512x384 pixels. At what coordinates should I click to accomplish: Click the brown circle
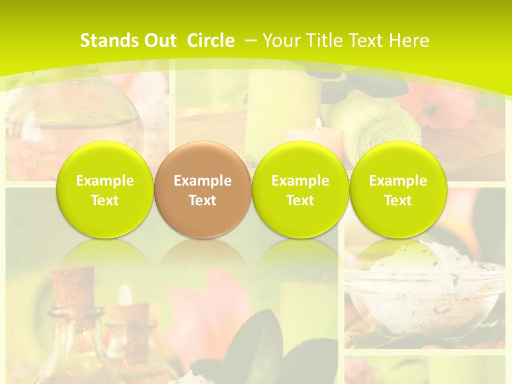tap(203, 190)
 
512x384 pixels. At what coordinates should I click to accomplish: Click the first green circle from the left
tap(105, 190)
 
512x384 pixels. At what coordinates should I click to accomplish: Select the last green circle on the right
tap(398, 190)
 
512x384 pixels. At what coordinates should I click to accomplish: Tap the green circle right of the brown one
tap(300, 190)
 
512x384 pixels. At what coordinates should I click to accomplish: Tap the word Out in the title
tap(158, 41)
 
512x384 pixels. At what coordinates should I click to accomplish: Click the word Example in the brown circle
tap(203, 181)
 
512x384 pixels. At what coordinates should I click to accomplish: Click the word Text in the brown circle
tap(203, 201)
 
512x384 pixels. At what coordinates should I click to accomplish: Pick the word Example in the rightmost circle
tap(398, 181)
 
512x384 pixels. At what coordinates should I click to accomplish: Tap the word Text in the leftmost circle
tap(105, 201)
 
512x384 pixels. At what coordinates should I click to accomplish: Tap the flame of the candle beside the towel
tap(318, 124)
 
